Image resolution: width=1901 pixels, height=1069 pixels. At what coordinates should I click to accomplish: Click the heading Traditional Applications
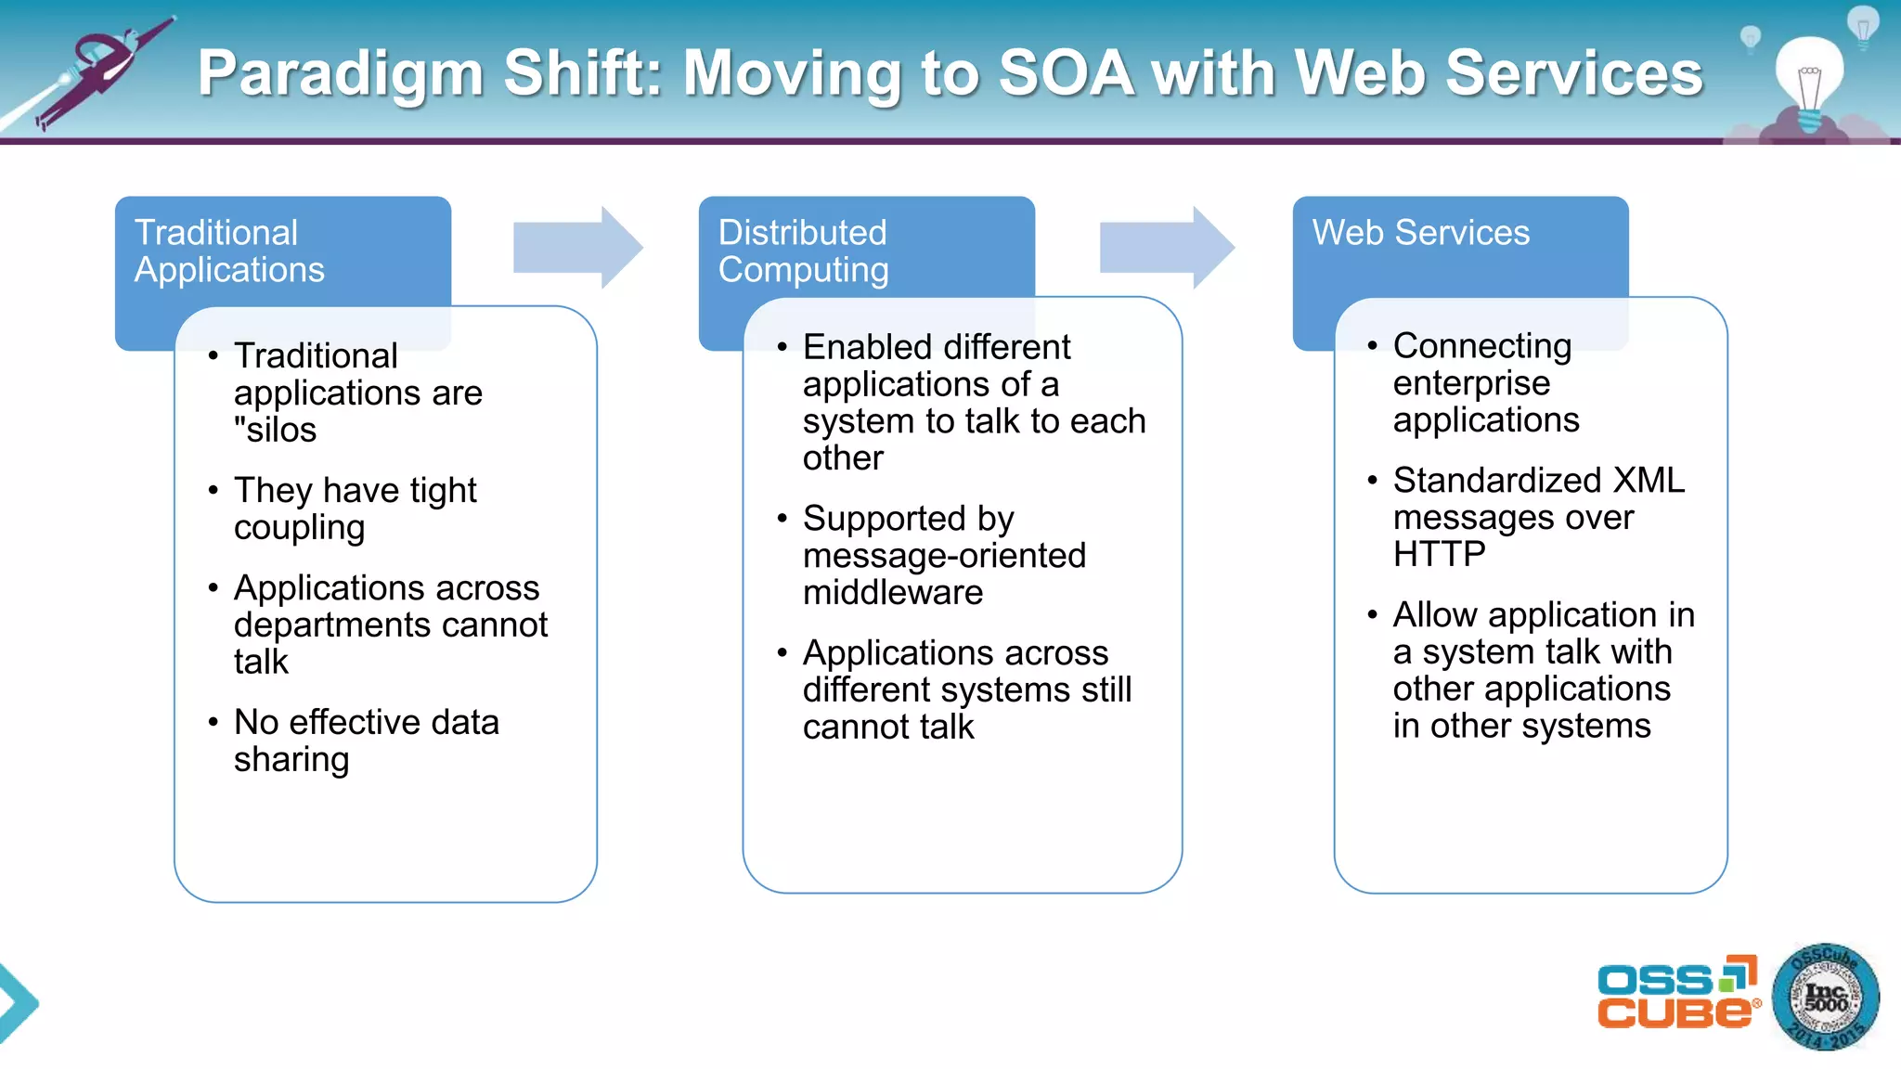coord(228,251)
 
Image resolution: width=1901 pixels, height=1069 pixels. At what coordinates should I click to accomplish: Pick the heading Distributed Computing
coord(803,251)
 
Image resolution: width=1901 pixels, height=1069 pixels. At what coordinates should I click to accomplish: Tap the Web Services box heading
coord(1420,232)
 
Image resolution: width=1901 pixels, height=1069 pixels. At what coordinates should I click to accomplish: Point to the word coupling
coord(299,527)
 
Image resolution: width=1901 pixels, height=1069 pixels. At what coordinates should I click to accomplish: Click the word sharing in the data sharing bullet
coord(291,759)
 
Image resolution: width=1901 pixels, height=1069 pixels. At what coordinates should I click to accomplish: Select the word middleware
coord(892,592)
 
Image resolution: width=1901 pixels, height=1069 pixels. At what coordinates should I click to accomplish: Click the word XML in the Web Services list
coord(1649,480)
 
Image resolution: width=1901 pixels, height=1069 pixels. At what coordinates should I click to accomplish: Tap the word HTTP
coord(1439,554)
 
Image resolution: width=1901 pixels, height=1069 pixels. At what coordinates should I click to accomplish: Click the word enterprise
coord(1471,382)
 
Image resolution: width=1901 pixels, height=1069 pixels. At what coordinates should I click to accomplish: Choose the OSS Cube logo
coord(1676,993)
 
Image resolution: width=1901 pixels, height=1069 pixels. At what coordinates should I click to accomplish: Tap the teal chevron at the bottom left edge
coord(17,1002)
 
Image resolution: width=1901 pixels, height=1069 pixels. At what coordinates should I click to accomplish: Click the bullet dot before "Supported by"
coord(782,519)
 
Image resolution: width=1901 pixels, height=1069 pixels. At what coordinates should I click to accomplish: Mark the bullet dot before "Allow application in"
coord(1372,614)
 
